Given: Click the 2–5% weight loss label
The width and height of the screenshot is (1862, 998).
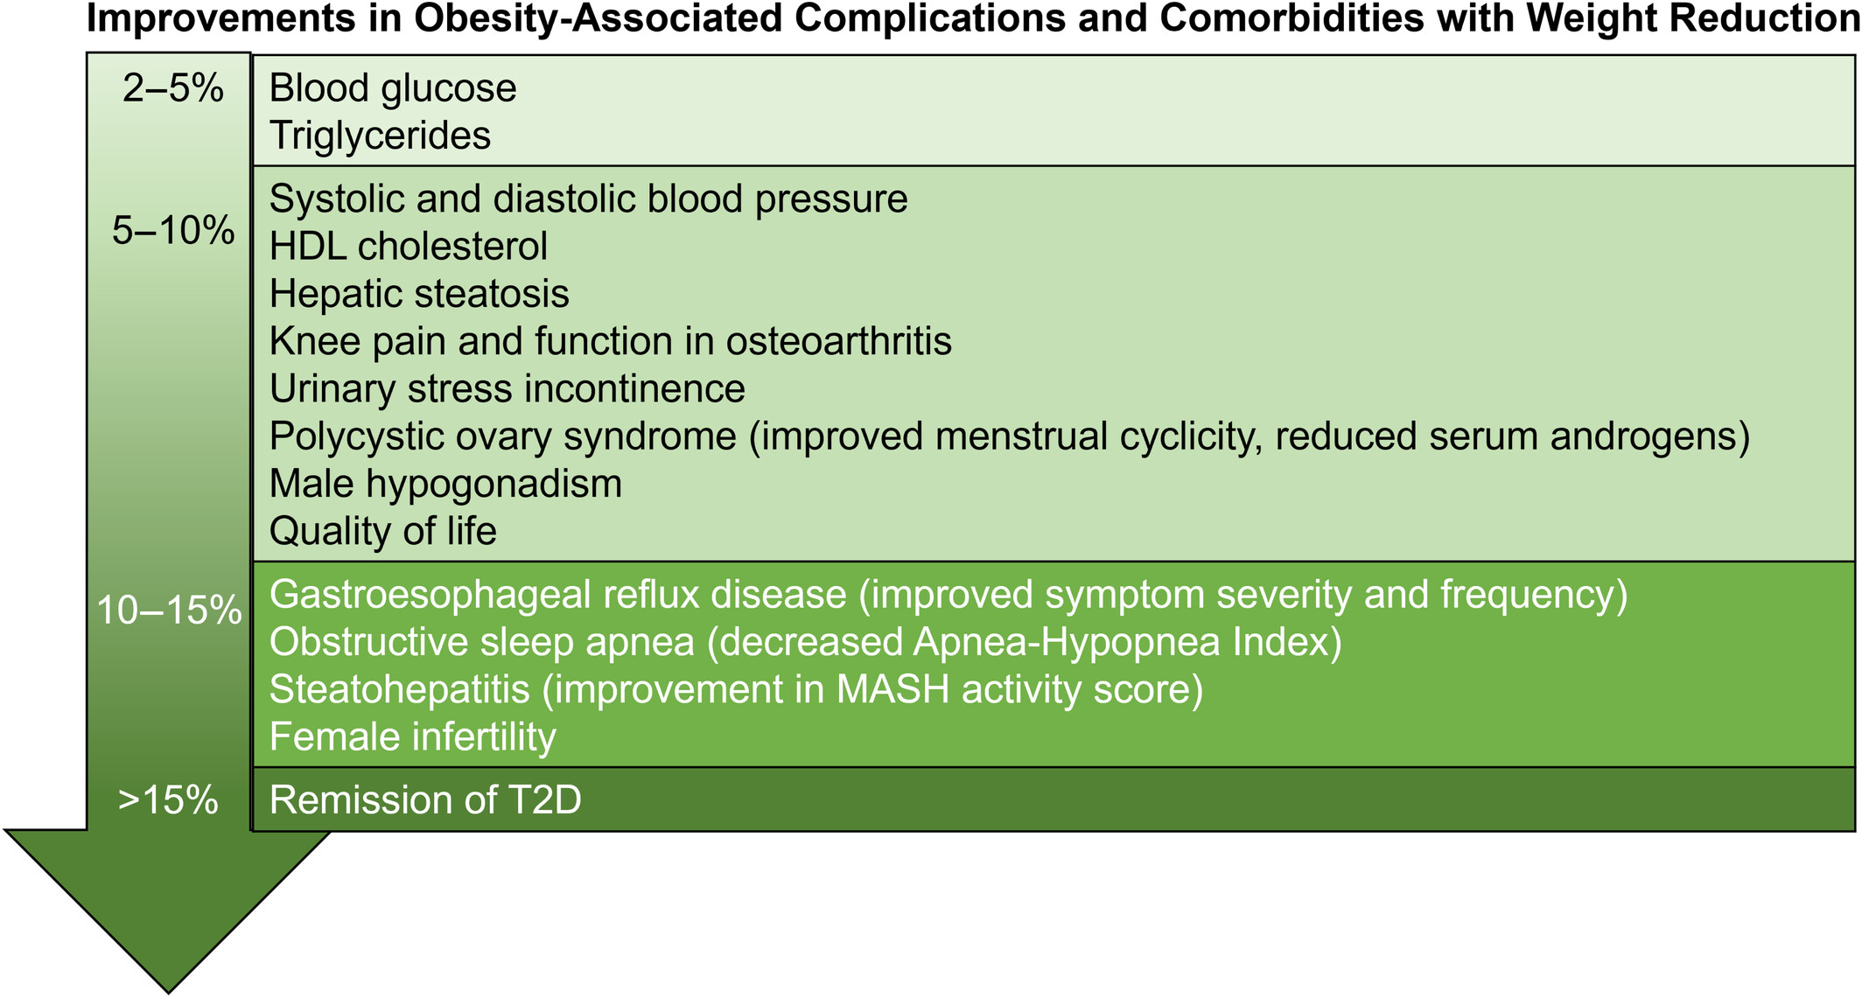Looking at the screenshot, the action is (172, 88).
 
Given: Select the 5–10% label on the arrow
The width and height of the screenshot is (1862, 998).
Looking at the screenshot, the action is (173, 231).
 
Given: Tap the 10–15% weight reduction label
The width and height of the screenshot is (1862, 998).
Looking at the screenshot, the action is (169, 610).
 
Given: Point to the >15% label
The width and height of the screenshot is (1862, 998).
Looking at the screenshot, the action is (168, 800).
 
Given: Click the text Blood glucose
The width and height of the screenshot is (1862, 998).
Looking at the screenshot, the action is (393, 89).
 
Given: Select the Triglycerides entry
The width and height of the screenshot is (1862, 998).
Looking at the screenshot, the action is (380, 136).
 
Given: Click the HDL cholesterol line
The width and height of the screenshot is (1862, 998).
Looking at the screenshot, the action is (409, 247).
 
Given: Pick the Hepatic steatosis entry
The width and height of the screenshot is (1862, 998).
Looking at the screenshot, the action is (419, 295).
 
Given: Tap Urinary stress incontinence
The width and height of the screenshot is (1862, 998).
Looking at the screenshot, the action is (507, 389).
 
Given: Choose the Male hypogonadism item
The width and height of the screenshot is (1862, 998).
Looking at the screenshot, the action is (445, 485).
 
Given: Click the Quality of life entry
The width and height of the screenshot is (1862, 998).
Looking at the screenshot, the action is (383, 532).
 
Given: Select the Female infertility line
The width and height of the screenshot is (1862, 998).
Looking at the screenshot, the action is (412, 737).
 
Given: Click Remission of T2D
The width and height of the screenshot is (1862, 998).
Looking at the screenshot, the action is (425, 800).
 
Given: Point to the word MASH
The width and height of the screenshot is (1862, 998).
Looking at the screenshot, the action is (893, 689).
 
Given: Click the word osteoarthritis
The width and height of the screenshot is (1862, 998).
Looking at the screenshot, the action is (839, 341).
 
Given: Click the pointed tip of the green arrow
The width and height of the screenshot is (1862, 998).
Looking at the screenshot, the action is (168, 993).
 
